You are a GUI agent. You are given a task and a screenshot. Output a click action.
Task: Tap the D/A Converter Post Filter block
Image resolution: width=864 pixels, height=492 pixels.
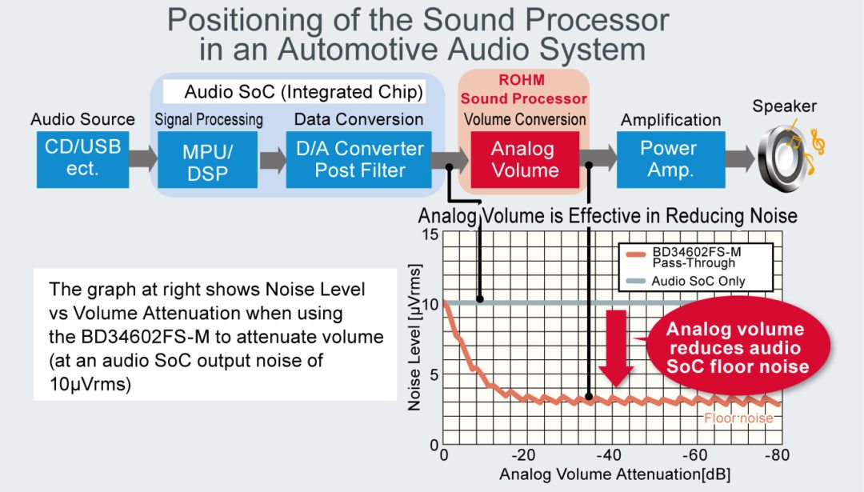359,159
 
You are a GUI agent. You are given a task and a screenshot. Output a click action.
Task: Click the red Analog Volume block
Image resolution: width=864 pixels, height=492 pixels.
522,159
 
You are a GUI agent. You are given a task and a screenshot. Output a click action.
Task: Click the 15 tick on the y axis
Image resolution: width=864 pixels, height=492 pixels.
430,234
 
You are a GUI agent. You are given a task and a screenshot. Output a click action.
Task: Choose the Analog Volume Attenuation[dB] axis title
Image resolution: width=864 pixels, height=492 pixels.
614,474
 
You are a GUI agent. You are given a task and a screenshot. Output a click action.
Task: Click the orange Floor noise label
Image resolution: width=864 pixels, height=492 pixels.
738,418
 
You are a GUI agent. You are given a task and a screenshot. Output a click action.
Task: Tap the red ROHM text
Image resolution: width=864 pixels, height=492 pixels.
522,82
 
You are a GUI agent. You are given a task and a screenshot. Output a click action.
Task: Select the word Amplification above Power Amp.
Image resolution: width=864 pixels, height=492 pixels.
670,120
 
